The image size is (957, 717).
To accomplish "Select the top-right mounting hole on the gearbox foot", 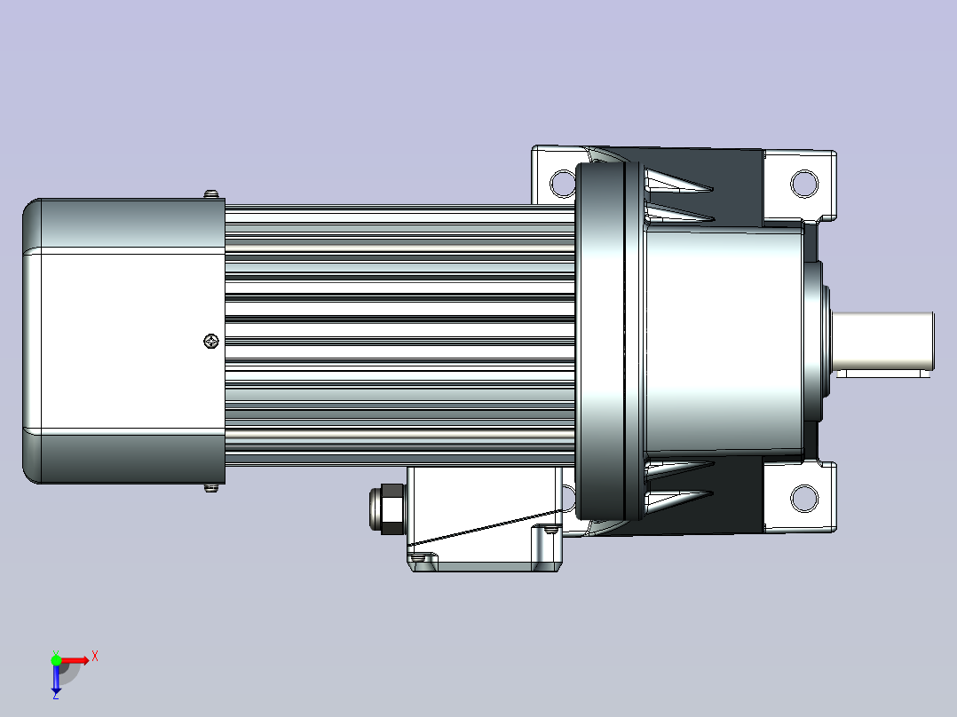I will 803,184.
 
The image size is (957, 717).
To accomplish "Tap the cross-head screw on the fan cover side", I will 210,341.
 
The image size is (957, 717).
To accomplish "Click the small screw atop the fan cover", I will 210,193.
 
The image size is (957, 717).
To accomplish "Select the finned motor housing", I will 399,341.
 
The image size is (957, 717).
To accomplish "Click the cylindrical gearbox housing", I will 724,341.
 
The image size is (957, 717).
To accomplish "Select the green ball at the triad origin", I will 56,659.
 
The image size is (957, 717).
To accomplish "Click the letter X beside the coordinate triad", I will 95,657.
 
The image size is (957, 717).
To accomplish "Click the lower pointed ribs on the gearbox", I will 679,484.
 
